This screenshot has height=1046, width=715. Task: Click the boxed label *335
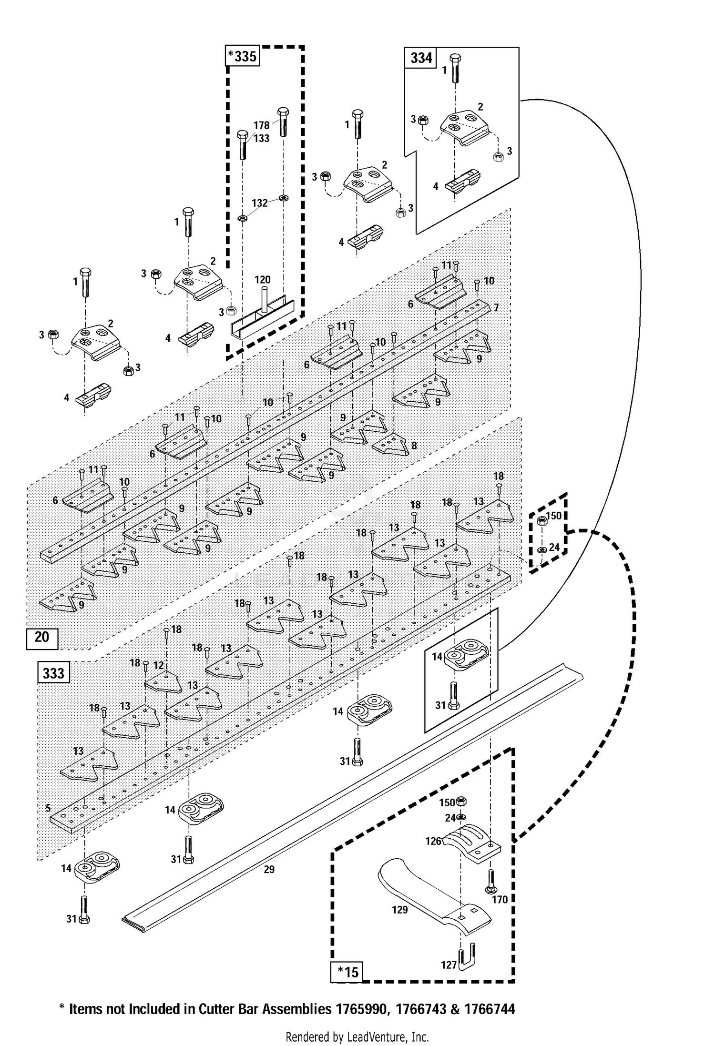(242, 56)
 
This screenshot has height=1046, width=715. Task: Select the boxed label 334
(421, 58)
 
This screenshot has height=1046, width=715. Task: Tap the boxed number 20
(42, 637)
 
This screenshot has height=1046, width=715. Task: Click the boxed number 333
(53, 673)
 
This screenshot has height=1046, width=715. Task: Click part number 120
(263, 280)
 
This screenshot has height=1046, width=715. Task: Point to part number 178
(261, 125)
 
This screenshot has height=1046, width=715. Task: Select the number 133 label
(261, 138)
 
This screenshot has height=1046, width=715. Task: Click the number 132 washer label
(259, 203)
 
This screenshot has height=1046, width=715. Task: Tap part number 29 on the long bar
(269, 869)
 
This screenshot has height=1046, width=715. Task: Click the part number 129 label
(399, 910)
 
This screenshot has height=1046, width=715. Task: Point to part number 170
(500, 899)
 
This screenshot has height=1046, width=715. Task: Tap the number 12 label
(159, 665)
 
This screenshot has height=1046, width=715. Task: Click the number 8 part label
(414, 446)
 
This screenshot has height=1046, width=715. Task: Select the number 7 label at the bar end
(496, 308)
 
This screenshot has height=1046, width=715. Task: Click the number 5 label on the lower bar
(48, 808)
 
